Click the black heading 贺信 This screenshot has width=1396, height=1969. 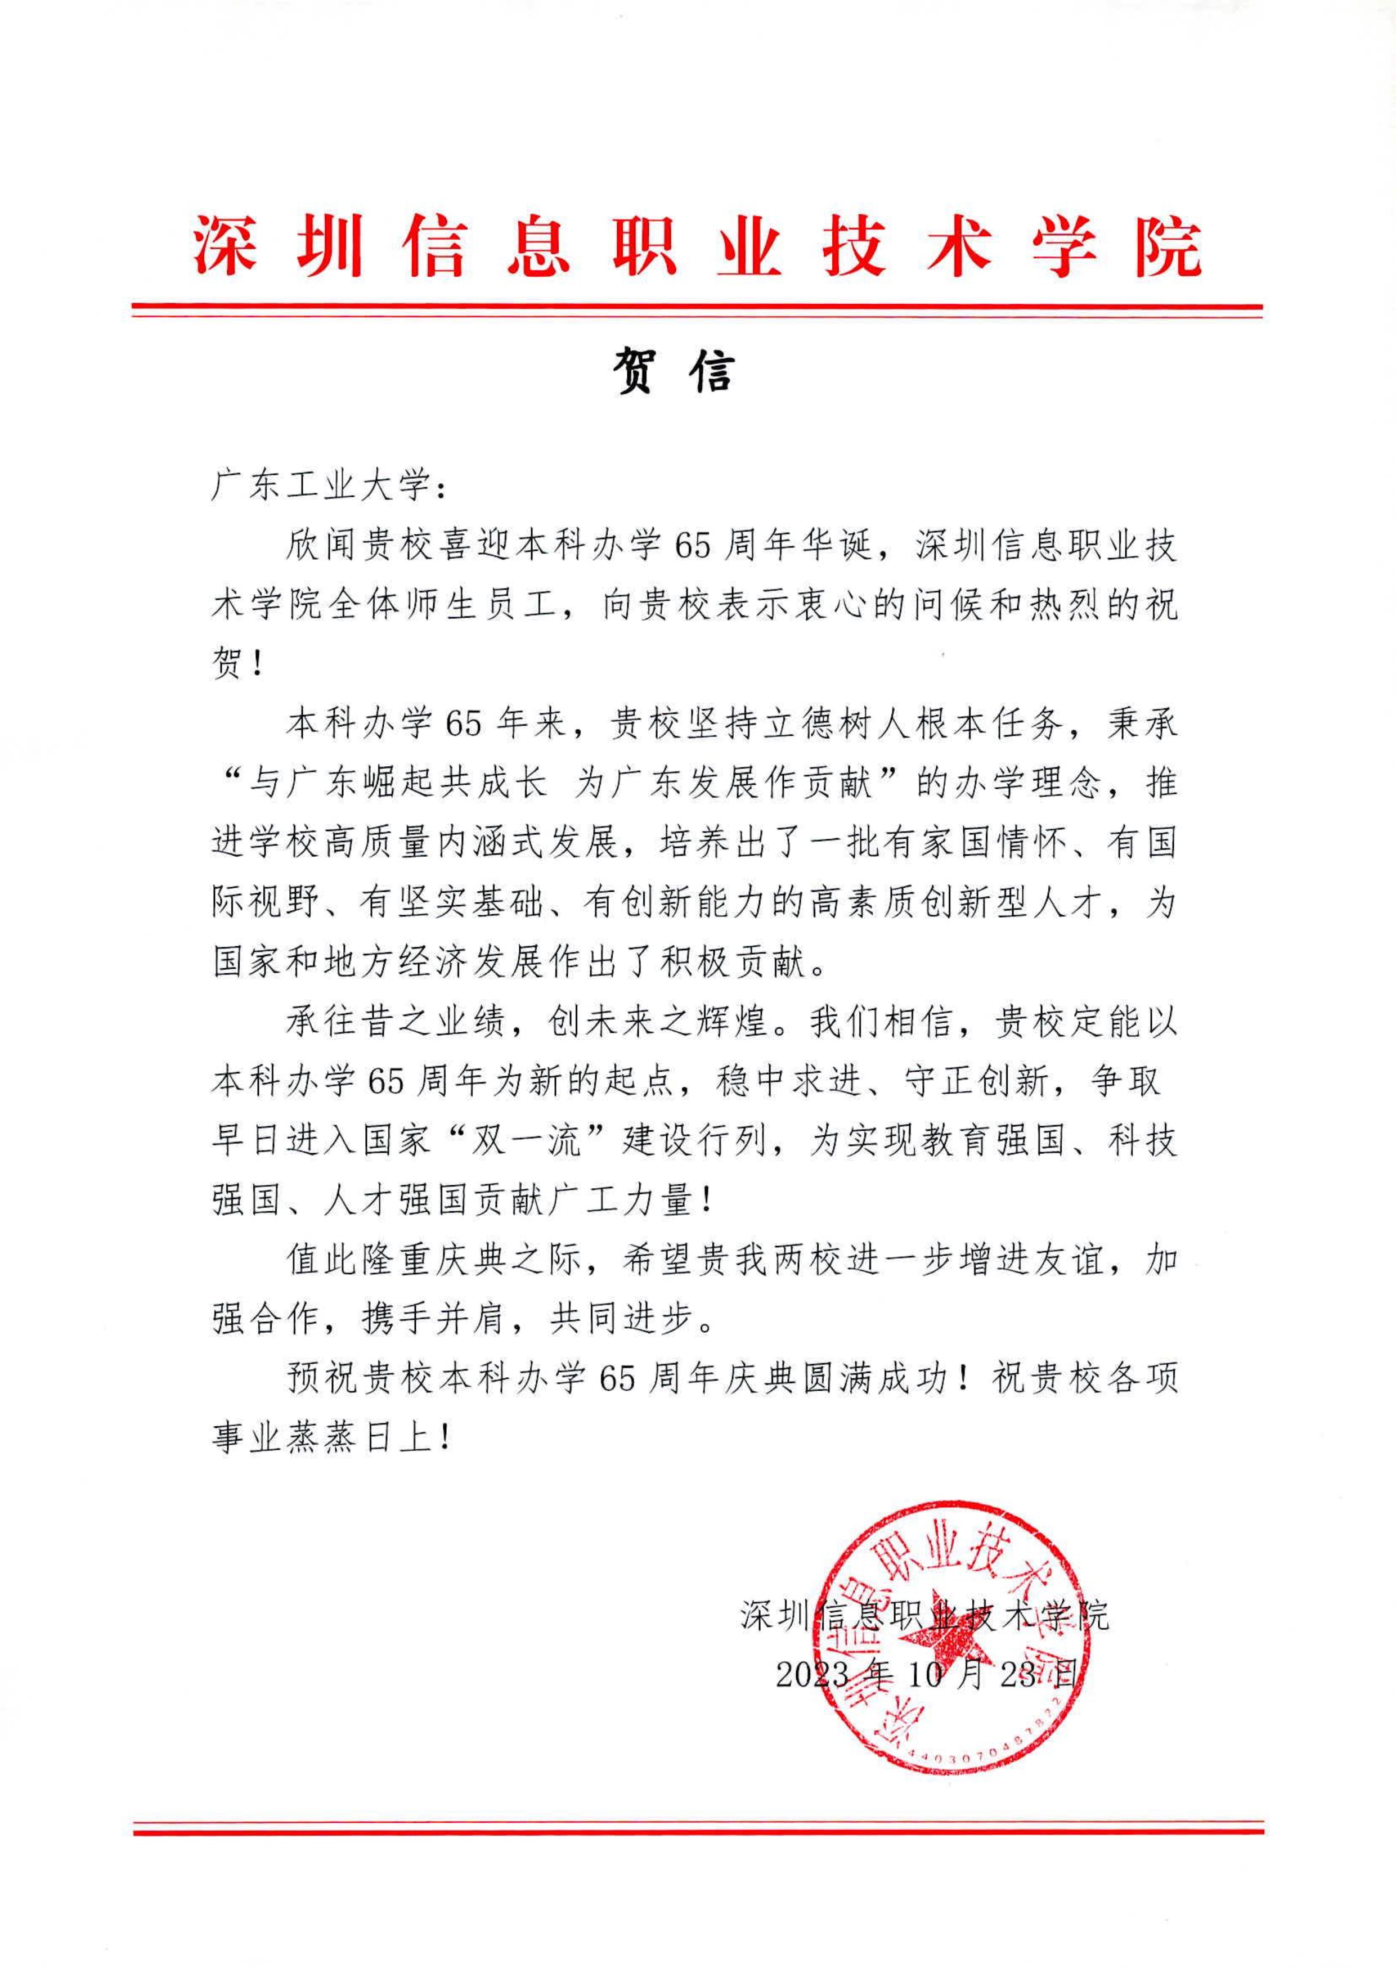pos(675,373)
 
